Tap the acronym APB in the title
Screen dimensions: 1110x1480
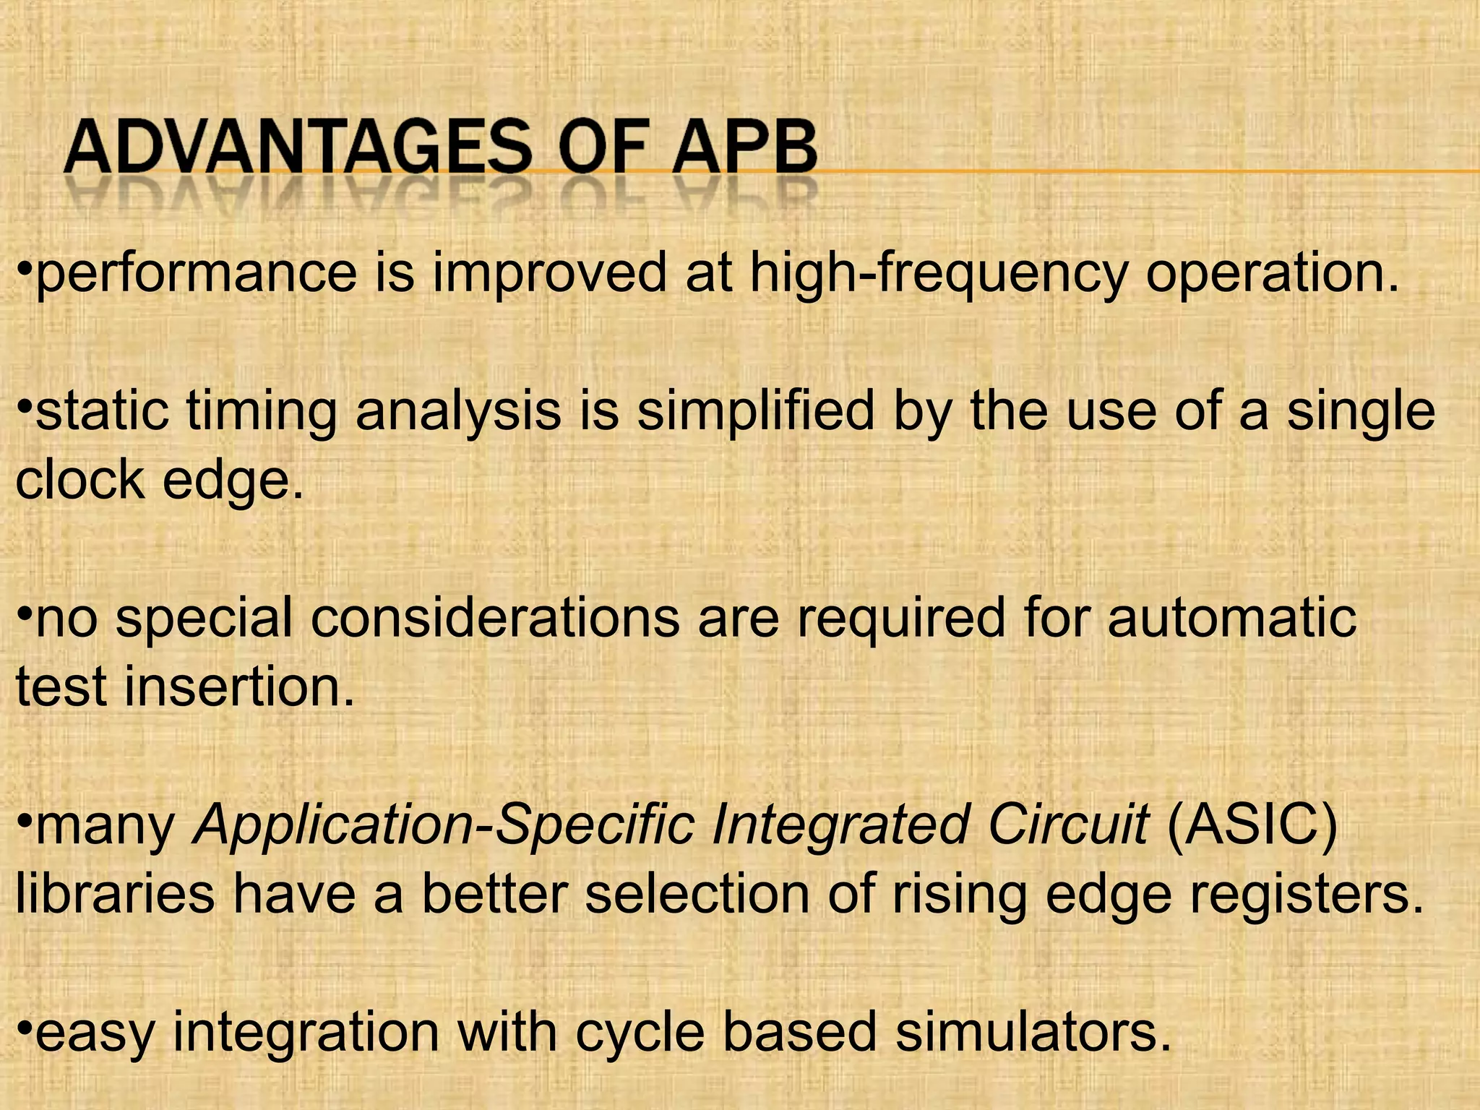[744, 147]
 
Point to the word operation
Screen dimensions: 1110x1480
[1272, 274]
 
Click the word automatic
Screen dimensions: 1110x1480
[1231, 618]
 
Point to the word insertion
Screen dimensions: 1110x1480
[239, 686]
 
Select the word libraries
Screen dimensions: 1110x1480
[116, 893]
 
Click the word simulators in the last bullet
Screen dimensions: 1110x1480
[1033, 1031]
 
